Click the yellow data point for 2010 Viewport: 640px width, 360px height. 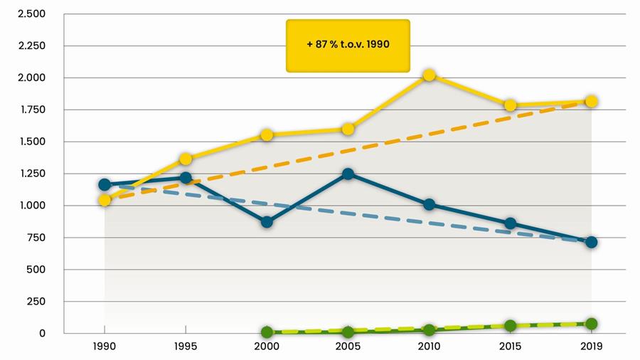pyautogui.click(x=429, y=75)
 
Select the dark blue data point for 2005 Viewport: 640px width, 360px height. pyautogui.click(x=348, y=174)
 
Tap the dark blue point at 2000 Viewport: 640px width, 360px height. pyautogui.click(x=267, y=221)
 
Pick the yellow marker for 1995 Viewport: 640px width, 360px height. pyautogui.click(x=186, y=159)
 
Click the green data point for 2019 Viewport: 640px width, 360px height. pyautogui.click(x=591, y=324)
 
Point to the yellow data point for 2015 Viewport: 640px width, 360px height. pyautogui.click(x=510, y=105)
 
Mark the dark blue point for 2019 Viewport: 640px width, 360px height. pyautogui.click(x=591, y=242)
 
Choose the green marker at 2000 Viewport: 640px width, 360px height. pyautogui.click(x=267, y=332)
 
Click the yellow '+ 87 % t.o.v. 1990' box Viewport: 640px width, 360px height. pyautogui.click(x=348, y=45)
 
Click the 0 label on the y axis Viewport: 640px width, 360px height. pyautogui.click(x=42, y=333)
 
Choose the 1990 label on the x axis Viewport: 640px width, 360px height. pyautogui.click(x=105, y=347)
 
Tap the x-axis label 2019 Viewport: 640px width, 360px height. pyautogui.click(x=591, y=347)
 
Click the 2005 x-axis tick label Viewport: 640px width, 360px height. pyautogui.click(x=348, y=347)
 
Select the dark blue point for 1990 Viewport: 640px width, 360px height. pyautogui.click(x=105, y=184)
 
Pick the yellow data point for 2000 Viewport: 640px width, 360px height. pyautogui.click(x=267, y=134)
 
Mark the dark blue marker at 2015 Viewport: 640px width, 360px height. pyautogui.click(x=510, y=223)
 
